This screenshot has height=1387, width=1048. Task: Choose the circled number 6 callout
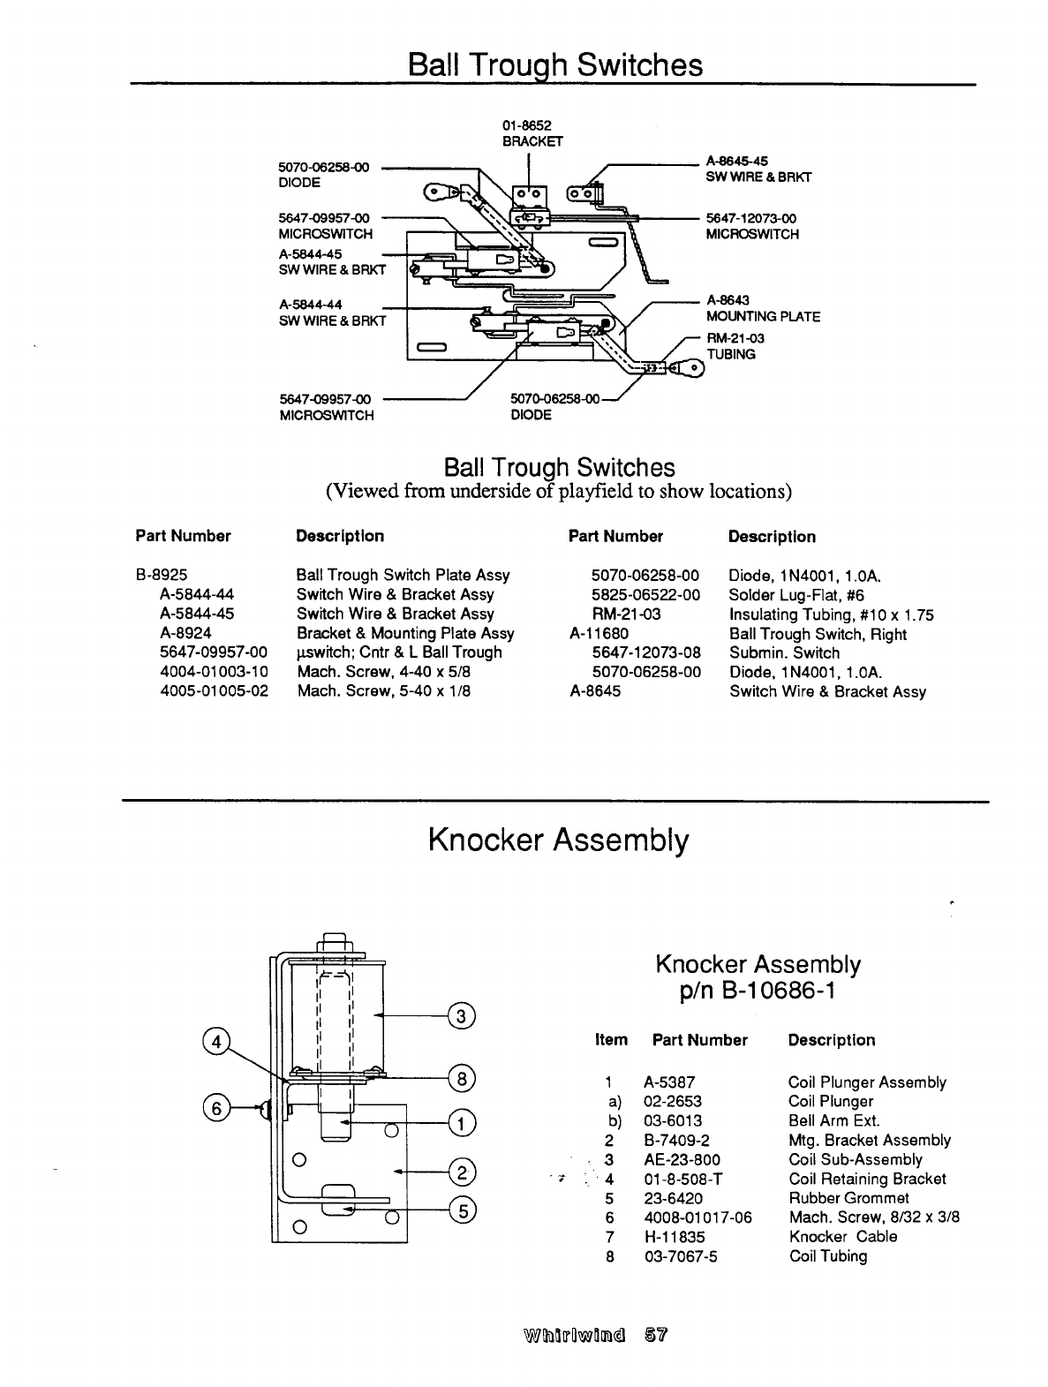[215, 1107]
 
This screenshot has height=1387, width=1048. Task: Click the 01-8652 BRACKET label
[527, 133]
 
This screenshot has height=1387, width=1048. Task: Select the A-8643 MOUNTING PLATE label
[763, 309]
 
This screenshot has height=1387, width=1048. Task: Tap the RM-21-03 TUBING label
[731, 346]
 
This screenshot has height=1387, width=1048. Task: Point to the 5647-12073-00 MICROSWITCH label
[752, 226]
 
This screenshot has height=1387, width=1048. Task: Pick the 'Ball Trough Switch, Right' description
[818, 634]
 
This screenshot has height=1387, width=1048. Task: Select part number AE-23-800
[682, 1159]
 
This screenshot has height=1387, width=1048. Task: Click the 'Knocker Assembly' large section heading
[557, 840]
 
